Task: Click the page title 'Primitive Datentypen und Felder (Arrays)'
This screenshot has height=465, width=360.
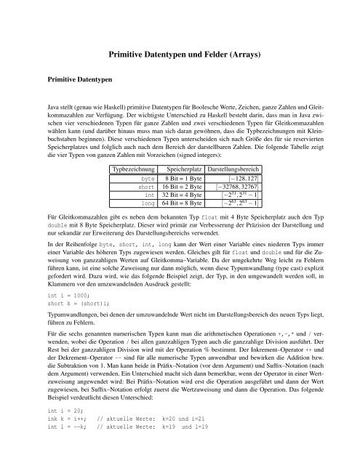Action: [x=180, y=54]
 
